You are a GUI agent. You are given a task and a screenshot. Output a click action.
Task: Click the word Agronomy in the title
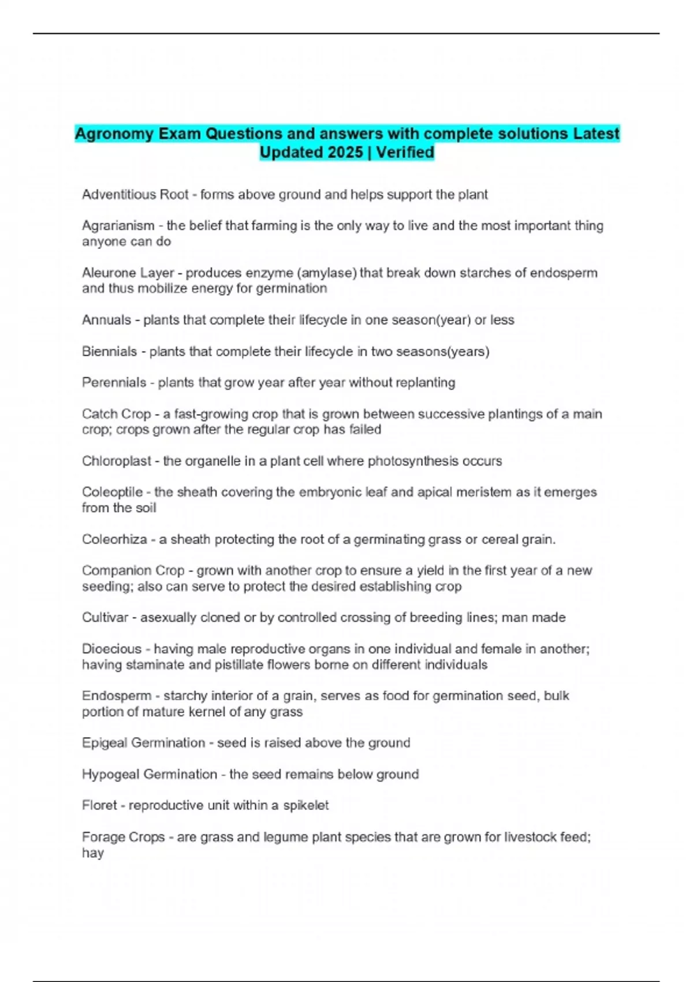tap(114, 134)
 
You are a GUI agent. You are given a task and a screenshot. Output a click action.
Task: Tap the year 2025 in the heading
tap(344, 152)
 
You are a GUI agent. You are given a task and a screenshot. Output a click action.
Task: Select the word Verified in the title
tap(405, 152)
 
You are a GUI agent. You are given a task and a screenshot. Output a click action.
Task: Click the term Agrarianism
tap(118, 226)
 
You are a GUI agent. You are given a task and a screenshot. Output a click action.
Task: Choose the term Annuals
tap(106, 320)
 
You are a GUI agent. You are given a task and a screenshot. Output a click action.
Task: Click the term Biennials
tap(109, 352)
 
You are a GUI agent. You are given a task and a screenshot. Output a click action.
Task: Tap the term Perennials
tap(114, 382)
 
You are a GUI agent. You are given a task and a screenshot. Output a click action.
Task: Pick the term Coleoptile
tap(112, 492)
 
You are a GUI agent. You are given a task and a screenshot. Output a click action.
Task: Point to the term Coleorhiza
tap(114, 540)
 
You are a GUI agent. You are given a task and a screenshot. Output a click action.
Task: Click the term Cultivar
tap(105, 618)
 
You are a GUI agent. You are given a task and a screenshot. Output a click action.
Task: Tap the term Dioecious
tap(111, 649)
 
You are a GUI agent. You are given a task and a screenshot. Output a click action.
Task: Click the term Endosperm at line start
tap(116, 696)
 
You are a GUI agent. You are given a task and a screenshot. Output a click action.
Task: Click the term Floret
tap(99, 805)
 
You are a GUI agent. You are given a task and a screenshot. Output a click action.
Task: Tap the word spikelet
tap(305, 805)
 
